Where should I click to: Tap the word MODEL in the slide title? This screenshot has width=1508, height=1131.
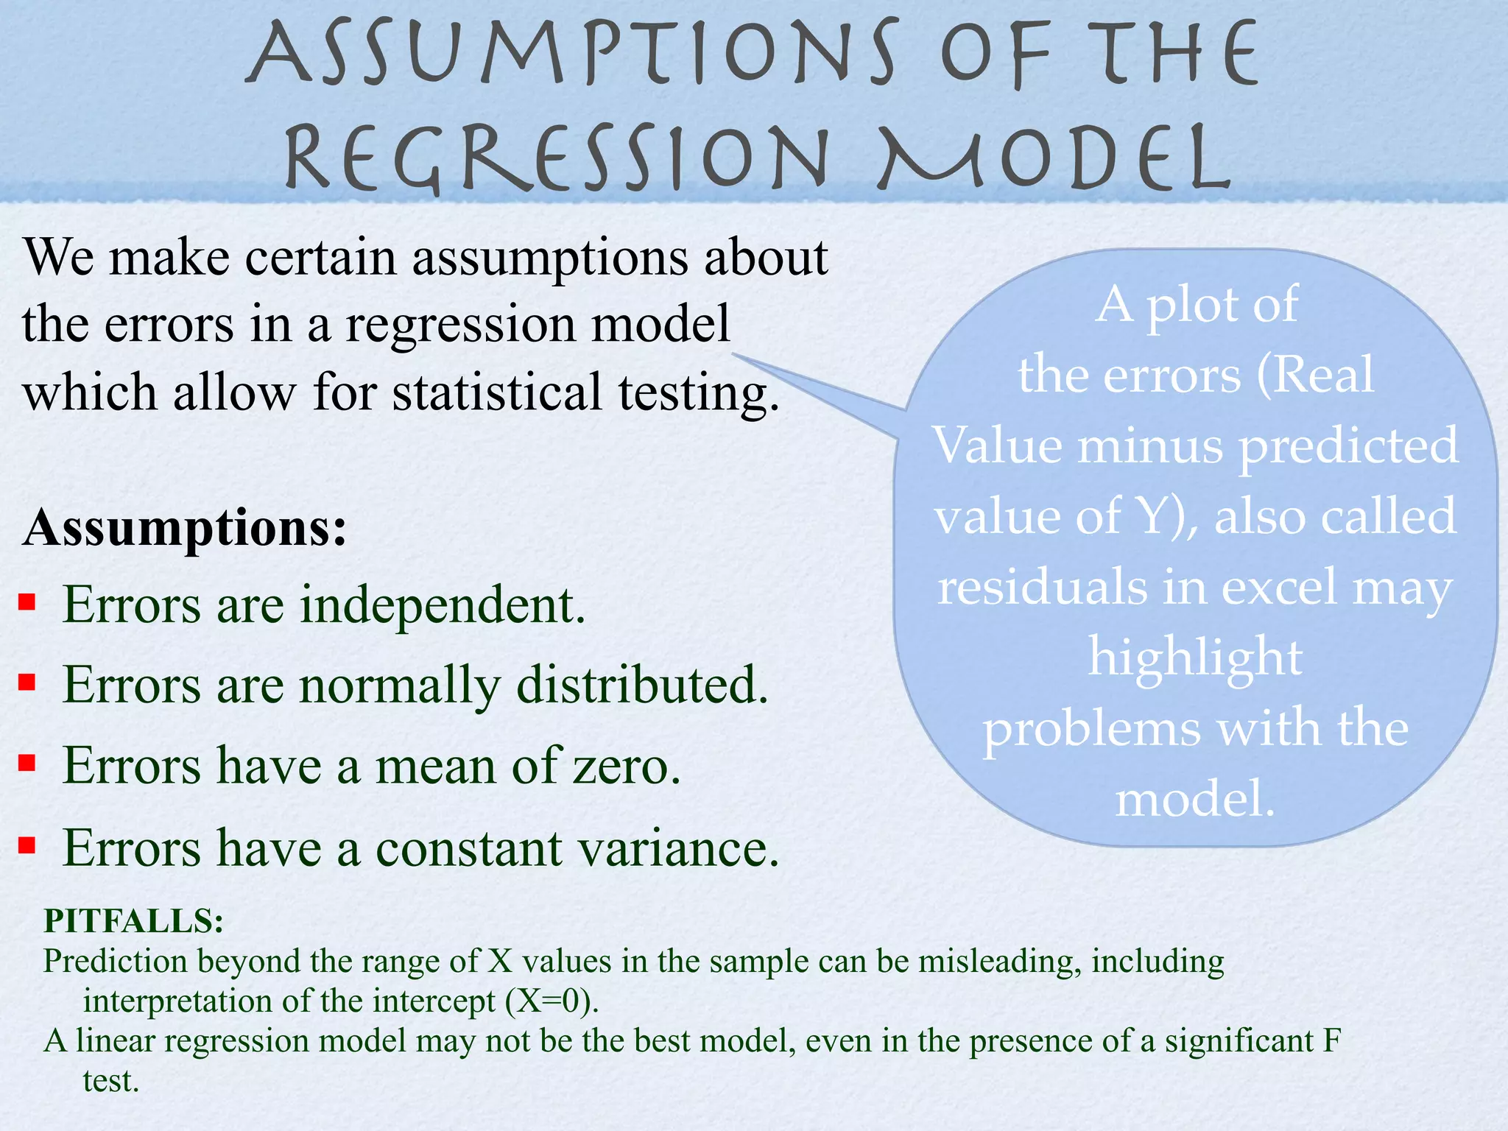coord(1053,157)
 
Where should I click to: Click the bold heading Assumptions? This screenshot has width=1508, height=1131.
coord(185,528)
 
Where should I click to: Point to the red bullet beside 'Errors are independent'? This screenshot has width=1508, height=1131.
coord(27,603)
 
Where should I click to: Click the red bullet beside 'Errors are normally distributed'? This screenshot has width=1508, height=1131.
coord(27,683)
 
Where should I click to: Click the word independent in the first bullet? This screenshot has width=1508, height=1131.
coord(443,605)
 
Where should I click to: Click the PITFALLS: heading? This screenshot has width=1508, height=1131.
coord(133,920)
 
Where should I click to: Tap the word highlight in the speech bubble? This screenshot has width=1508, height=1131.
coord(1195,658)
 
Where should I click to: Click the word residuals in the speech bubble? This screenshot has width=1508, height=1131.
coord(1042,587)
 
